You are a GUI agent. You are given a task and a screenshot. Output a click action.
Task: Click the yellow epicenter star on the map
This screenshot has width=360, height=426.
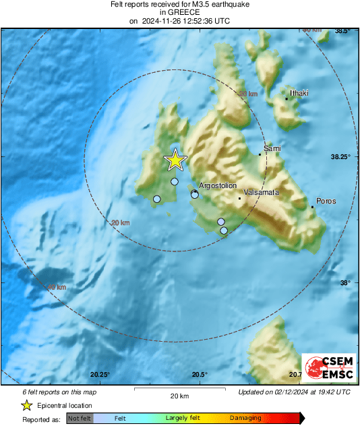tap(175, 160)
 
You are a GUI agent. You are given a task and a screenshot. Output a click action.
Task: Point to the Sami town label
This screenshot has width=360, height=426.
tap(272, 148)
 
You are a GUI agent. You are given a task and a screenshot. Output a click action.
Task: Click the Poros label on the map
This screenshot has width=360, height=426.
tap(326, 201)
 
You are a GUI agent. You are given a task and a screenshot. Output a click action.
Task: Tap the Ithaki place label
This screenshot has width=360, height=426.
tap(299, 93)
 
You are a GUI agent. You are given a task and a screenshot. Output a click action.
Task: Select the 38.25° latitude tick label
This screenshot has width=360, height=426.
tap(342, 157)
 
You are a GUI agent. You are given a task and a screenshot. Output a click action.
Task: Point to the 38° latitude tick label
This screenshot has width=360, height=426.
tap(346, 283)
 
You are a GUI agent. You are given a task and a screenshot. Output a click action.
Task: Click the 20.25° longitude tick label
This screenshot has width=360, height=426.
tap(100, 375)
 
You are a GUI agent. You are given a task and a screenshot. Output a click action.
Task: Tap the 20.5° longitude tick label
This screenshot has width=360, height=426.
tap(199, 375)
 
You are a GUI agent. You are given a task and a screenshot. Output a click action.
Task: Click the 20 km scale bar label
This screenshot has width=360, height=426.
tap(179, 395)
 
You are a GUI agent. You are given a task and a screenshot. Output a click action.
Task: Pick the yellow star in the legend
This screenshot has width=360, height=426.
tap(26, 405)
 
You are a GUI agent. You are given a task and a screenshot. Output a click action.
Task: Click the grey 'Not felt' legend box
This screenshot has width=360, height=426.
tap(80, 419)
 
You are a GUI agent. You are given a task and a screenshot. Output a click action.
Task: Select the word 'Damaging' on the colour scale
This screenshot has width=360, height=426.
tap(245, 419)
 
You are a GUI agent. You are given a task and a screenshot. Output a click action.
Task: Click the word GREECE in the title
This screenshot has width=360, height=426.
tap(179, 12)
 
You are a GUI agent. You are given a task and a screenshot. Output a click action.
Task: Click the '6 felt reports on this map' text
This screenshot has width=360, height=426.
tap(59, 392)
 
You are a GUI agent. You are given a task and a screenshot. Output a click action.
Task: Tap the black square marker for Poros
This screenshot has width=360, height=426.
tap(313, 207)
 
